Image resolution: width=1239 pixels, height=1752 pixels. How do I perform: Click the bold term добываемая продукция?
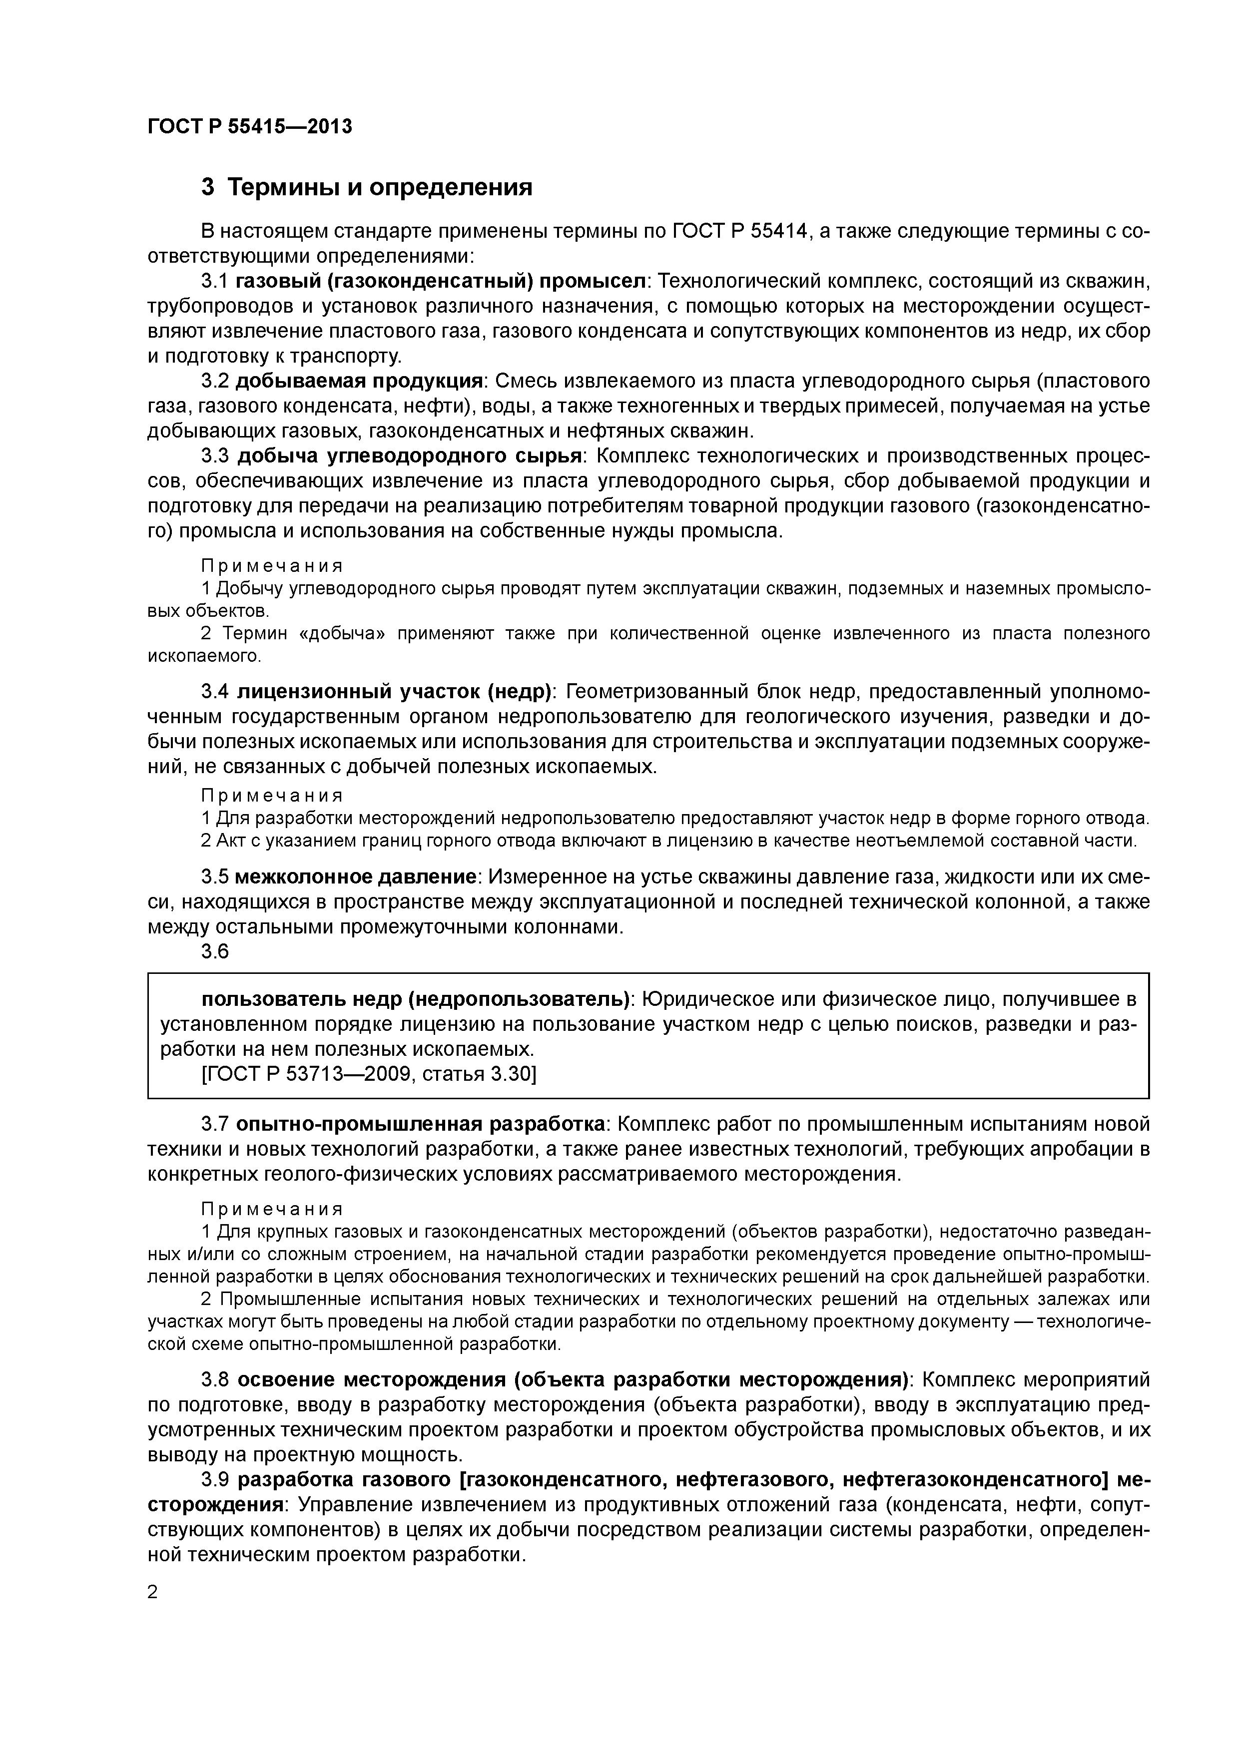point(359,381)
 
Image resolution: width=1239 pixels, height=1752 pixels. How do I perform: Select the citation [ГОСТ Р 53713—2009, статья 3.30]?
point(369,1074)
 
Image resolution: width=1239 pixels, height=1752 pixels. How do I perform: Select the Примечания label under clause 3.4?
point(272,796)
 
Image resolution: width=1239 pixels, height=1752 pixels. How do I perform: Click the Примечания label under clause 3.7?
point(272,1210)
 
